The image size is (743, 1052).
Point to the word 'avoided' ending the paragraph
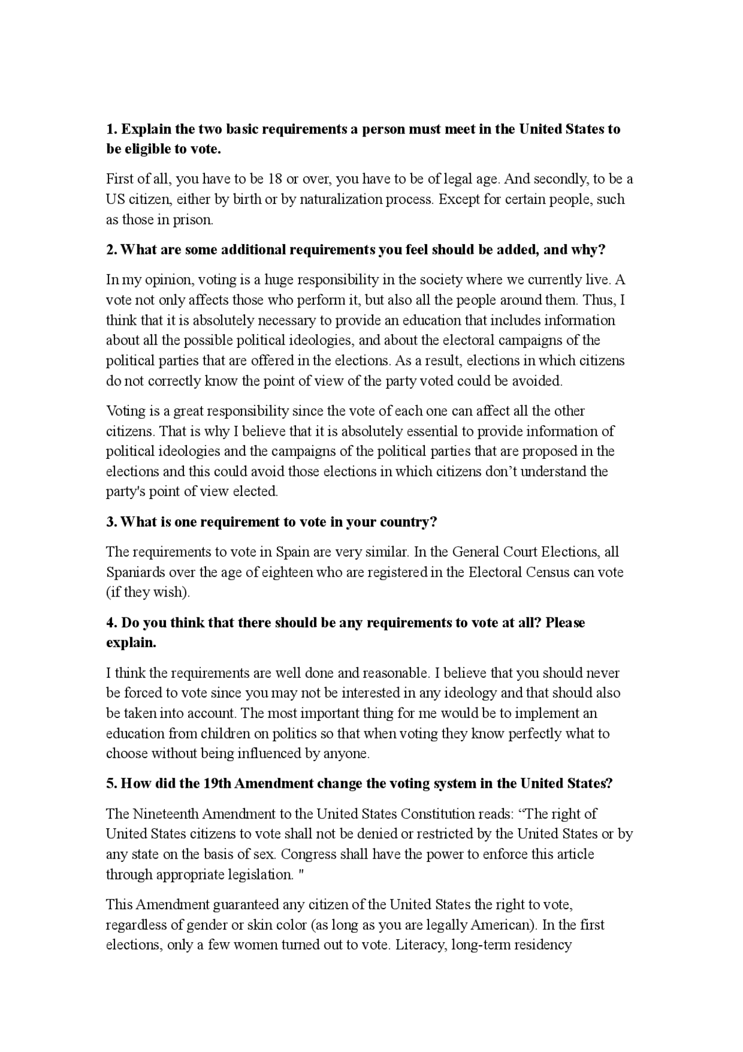(x=539, y=381)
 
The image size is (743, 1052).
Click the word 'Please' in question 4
(x=565, y=623)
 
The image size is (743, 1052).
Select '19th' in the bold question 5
(x=218, y=784)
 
